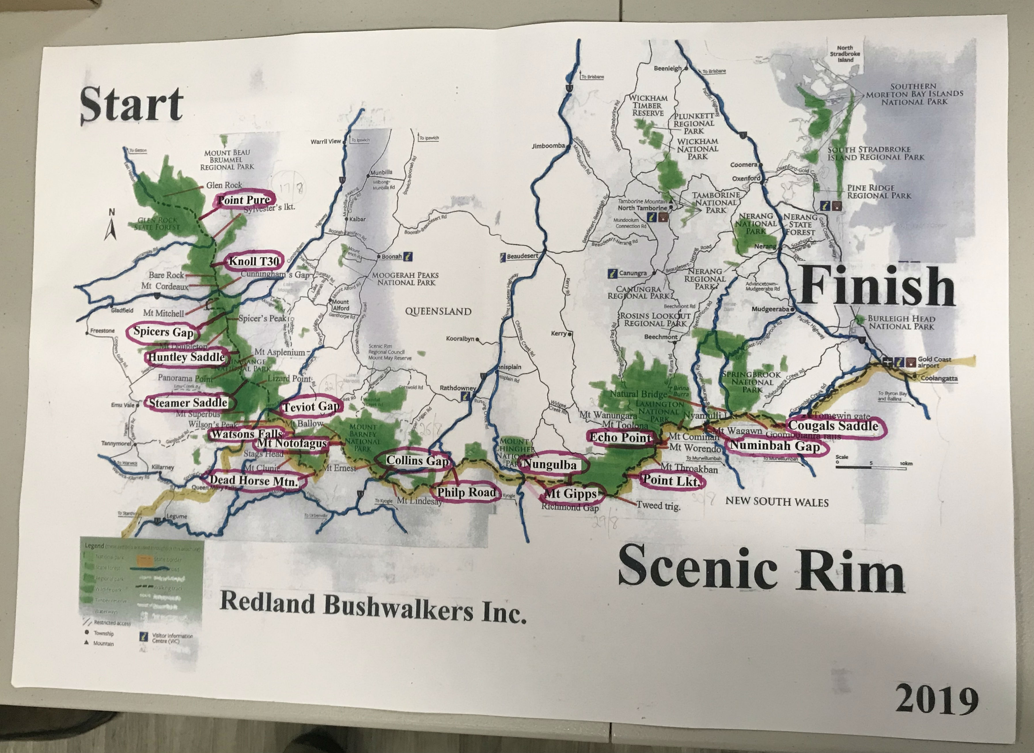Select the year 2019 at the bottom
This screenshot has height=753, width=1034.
(937, 700)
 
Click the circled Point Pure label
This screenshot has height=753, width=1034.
(244, 200)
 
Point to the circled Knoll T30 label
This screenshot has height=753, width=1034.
(253, 261)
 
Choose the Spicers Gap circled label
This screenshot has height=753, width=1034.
(163, 332)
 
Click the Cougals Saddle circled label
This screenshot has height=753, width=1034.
(833, 426)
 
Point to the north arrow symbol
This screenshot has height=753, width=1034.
(111, 225)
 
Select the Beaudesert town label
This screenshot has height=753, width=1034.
(522, 256)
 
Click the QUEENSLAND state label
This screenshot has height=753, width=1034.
(438, 312)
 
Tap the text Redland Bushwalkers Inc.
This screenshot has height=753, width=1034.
(373, 608)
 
